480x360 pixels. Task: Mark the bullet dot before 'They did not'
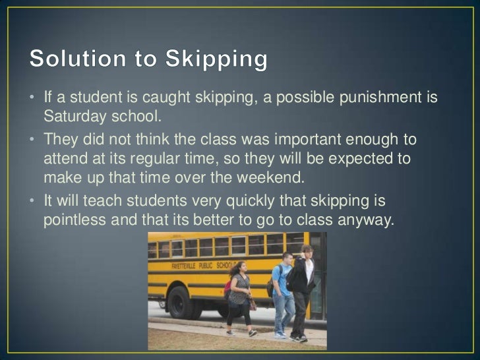pyautogui.click(x=31, y=140)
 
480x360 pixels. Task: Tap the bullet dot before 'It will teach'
pyautogui.click(x=31, y=199)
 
